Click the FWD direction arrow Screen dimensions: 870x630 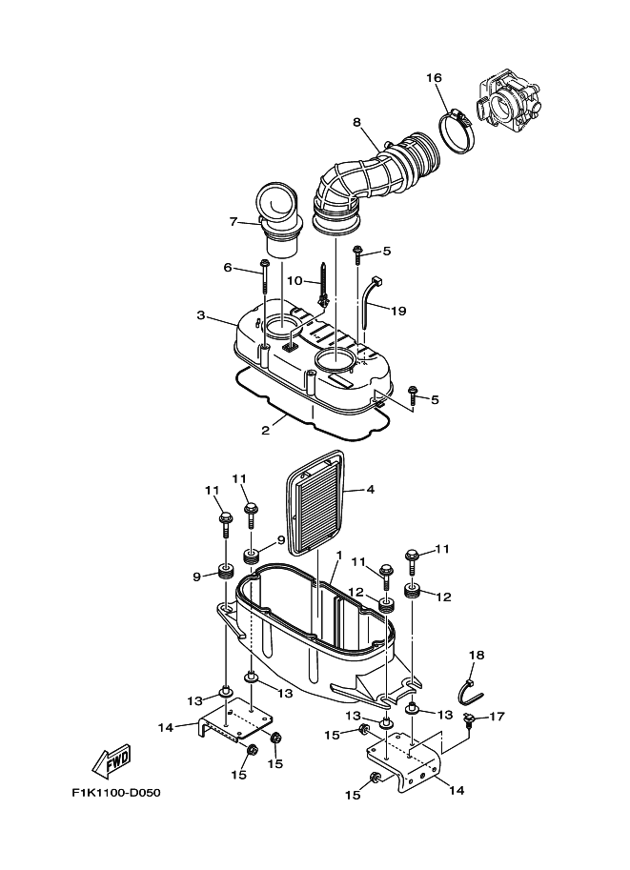tap(112, 761)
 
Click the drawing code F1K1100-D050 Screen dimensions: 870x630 tap(117, 793)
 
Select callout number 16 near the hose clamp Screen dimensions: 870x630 tap(434, 77)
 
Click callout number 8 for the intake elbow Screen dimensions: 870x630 tap(356, 122)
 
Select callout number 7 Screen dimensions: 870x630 tap(232, 222)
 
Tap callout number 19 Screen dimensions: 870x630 tap(398, 311)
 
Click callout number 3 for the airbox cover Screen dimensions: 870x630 tap(200, 314)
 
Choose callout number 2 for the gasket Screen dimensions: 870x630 tap(266, 430)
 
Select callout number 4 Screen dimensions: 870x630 tap(370, 491)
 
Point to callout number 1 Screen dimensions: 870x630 tap(337, 556)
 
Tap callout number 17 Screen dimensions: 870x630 tap(498, 717)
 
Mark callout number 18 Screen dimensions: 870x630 tap(477, 656)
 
